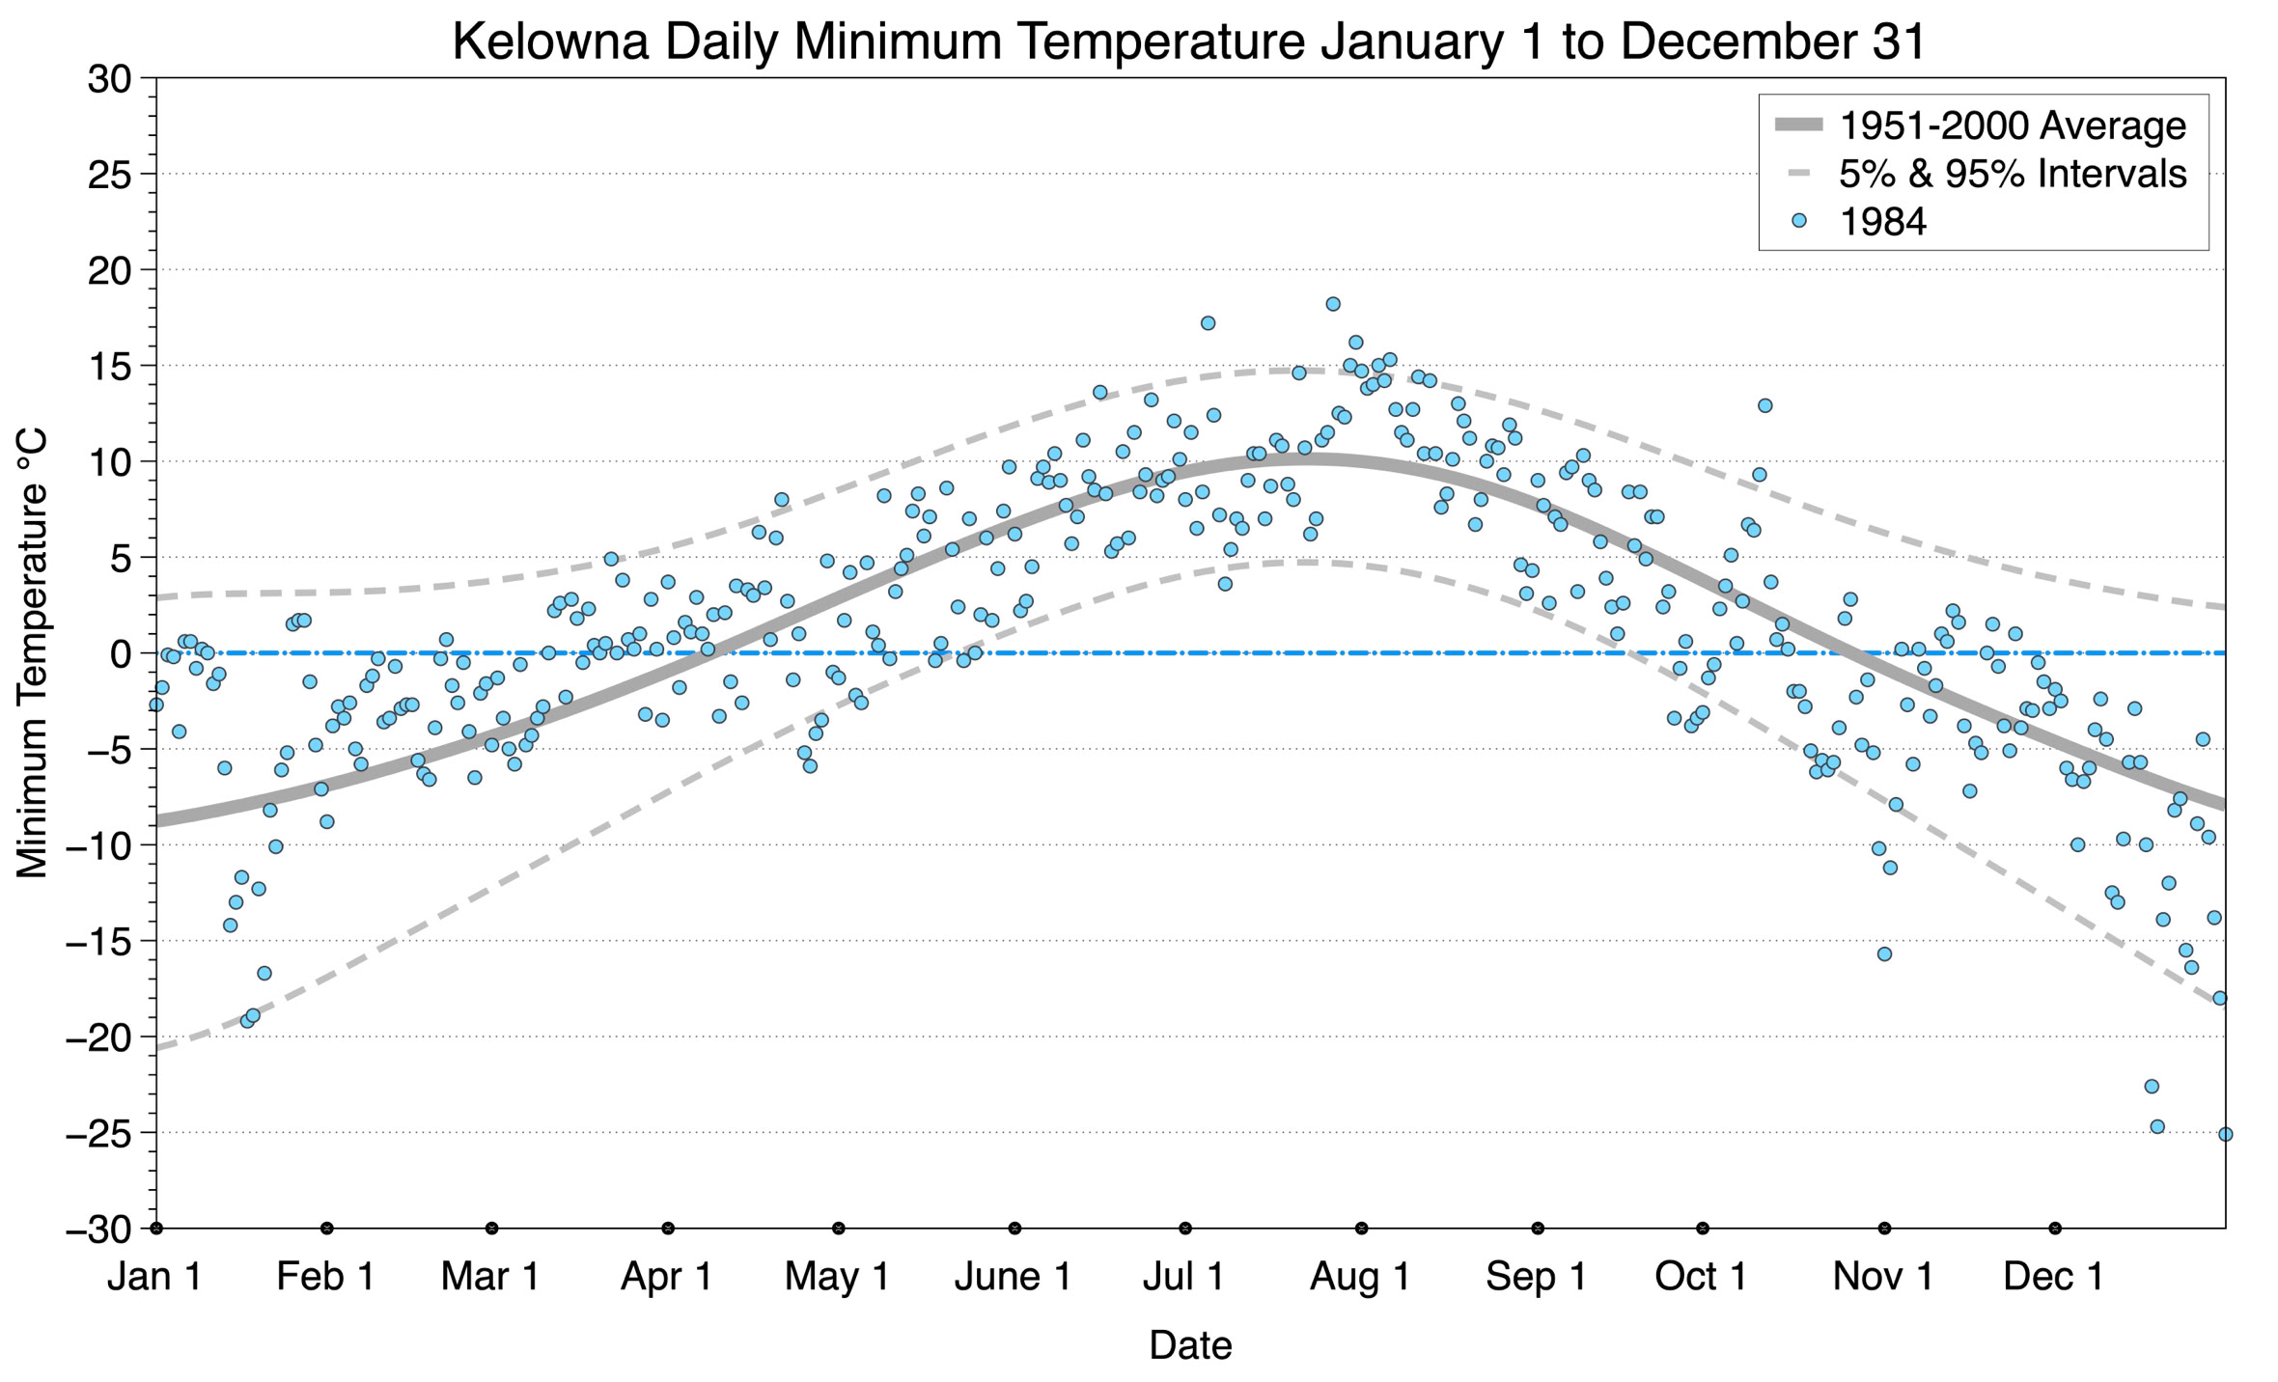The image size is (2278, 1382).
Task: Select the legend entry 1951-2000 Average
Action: [2012, 126]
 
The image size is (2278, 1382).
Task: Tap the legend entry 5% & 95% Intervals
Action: [2012, 174]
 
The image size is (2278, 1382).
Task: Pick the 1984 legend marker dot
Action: [1798, 221]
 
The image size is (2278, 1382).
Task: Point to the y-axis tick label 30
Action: [109, 79]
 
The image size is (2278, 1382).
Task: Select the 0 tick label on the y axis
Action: [120, 654]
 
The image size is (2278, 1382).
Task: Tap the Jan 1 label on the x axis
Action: [154, 1277]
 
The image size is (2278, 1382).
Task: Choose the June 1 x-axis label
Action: [1013, 1277]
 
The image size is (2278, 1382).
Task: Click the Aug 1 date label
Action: [1360, 1277]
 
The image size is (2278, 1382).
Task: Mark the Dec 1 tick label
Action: [2054, 1277]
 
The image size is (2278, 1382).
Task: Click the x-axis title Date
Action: [1190, 1345]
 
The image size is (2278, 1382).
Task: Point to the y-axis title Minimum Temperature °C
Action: [32, 654]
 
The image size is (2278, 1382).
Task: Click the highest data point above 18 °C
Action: [1333, 304]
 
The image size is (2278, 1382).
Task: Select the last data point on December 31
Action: [2225, 1134]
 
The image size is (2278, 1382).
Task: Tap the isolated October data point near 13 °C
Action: [1764, 405]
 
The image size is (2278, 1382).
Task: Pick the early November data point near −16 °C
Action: [1884, 954]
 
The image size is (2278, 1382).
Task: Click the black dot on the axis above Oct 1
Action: [1703, 1229]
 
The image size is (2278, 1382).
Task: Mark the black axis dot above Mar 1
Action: [491, 1229]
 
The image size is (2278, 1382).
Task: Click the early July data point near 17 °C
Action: [1208, 323]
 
